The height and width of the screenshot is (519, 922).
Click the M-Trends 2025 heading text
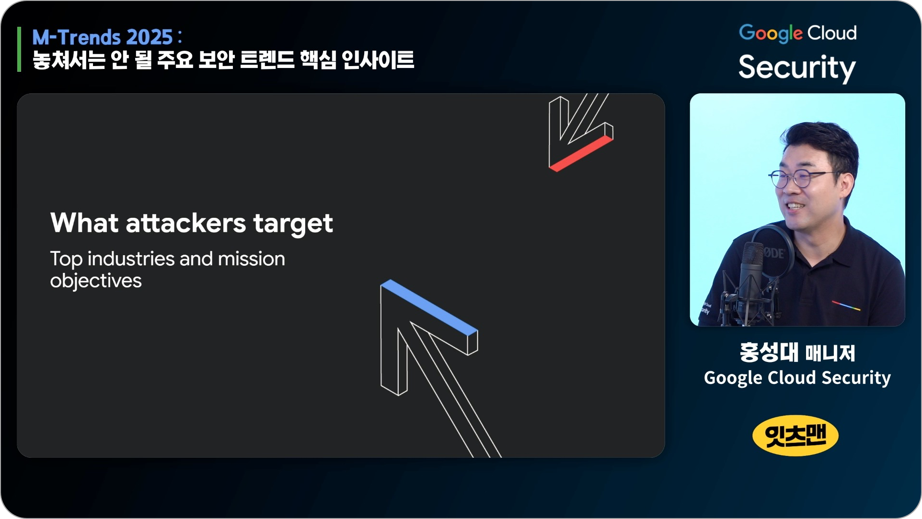click(107, 37)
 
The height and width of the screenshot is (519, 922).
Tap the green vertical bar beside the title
click(19, 49)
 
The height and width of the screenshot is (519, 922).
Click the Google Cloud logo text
click(797, 33)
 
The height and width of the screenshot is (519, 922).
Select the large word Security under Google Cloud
click(797, 68)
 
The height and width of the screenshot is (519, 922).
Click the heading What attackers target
click(191, 224)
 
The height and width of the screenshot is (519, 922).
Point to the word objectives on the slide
click(96, 281)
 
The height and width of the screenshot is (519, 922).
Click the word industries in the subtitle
click(131, 259)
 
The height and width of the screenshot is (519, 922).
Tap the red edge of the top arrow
click(581, 154)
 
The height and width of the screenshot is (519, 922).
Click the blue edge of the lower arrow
click(429, 307)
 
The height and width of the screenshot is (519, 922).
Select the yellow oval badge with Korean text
click(795, 435)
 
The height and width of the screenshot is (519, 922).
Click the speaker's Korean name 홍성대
click(769, 353)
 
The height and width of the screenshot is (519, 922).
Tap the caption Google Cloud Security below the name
click(797, 378)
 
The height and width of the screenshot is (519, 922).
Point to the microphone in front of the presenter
click(751, 278)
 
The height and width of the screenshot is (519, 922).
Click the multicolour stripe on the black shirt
click(846, 305)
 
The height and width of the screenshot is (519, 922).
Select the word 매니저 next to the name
click(830, 353)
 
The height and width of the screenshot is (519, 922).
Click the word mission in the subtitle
click(252, 259)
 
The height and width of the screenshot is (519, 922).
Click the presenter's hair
click(819, 141)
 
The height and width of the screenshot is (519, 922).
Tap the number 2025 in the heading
click(150, 37)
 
